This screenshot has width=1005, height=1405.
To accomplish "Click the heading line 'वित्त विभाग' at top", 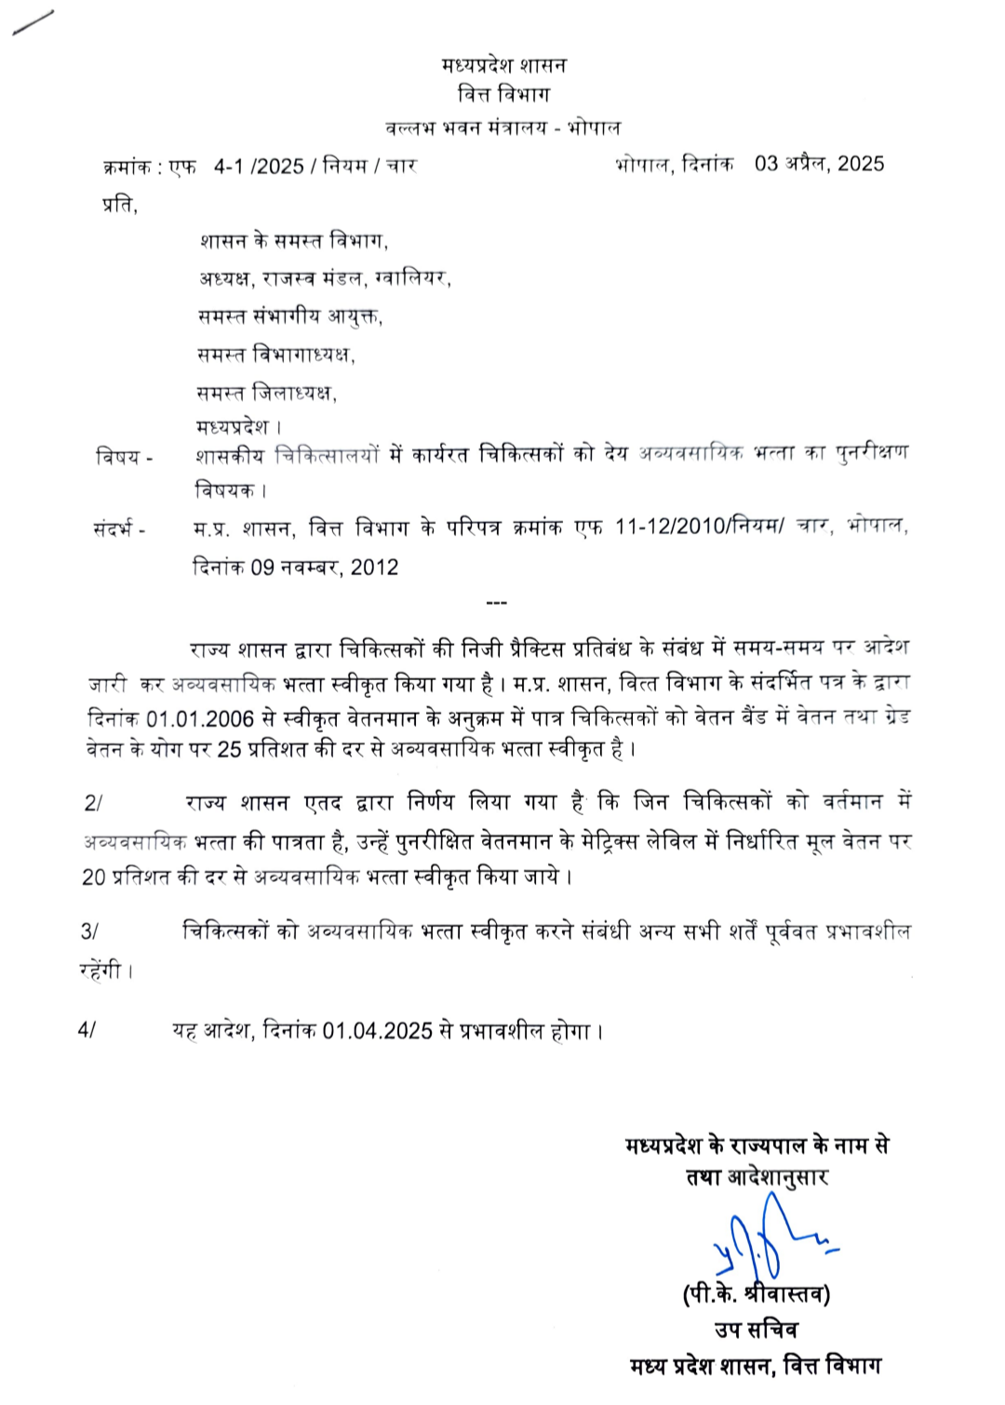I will pyautogui.click(x=503, y=95).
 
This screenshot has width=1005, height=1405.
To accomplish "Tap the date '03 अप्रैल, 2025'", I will pyautogui.click(x=819, y=164).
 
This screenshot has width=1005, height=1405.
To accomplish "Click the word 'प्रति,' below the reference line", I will pyautogui.click(x=120, y=205).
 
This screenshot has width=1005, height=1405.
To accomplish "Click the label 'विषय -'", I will pyautogui.click(x=124, y=457).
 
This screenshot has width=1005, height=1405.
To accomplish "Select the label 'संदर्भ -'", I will pyautogui.click(x=119, y=530).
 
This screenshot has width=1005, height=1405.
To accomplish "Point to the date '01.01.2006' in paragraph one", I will pyautogui.click(x=200, y=719).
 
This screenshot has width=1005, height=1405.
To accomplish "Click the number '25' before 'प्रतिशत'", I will pyautogui.click(x=229, y=750).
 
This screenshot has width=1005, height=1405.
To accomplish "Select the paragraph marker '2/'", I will pyautogui.click(x=93, y=803).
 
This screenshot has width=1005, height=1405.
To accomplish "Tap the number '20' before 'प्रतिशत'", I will pyautogui.click(x=94, y=876).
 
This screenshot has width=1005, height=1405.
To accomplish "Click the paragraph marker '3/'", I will pyautogui.click(x=89, y=931).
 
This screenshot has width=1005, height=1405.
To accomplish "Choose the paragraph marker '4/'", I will pyautogui.click(x=87, y=1030).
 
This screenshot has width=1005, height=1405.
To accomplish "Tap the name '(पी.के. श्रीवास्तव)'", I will pyautogui.click(x=756, y=1294).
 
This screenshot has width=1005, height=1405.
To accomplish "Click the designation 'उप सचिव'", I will pyautogui.click(x=756, y=1330).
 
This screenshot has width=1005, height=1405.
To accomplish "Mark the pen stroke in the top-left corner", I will pyautogui.click(x=33, y=22).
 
